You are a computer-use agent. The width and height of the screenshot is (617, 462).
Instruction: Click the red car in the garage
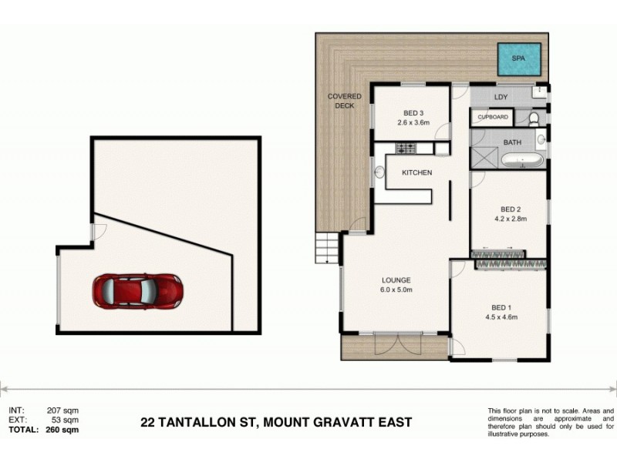click(138, 291)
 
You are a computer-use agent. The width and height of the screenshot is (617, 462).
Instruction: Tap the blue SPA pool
click(518, 56)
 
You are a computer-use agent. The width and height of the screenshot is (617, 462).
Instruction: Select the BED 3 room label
click(412, 112)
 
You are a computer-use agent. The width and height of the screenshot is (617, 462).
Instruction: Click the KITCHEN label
click(416, 172)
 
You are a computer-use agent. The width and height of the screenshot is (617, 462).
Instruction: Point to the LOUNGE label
click(396, 280)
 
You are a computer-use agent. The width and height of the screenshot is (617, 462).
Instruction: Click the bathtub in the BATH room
click(524, 162)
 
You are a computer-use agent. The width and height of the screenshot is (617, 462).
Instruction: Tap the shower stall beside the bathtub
click(485, 158)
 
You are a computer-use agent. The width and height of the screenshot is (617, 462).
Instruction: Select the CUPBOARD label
click(493, 117)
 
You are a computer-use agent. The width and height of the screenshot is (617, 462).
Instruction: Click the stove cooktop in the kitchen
click(406, 148)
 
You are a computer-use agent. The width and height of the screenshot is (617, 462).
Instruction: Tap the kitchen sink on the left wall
click(379, 173)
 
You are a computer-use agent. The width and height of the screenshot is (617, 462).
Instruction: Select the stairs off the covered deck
click(327, 249)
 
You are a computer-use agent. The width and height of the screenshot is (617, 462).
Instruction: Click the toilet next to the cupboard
click(533, 118)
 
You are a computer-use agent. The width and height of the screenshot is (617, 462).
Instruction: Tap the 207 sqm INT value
click(66, 411)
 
